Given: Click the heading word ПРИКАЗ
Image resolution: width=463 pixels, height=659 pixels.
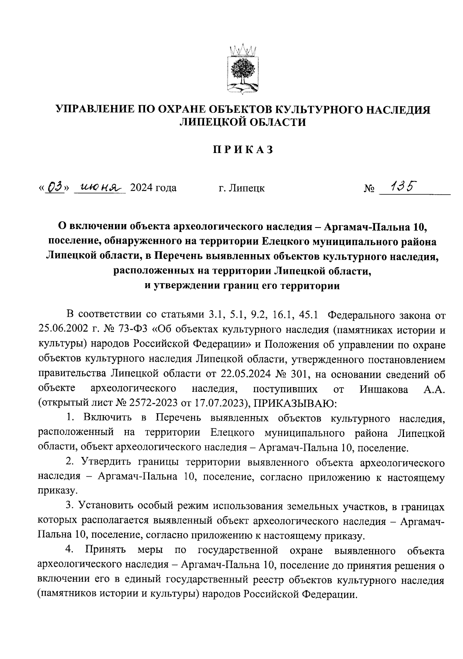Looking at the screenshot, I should click(x=243, y=149).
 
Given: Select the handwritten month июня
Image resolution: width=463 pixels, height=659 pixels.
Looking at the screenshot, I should click(x=100, y=188).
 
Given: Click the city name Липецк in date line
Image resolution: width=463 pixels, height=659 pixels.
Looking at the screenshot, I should click(x=247, y=189).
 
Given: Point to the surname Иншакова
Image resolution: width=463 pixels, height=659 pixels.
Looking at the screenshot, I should click(x=384, y=389).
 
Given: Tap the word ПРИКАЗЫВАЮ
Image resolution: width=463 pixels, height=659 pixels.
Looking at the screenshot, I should click(x=296, y=403).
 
